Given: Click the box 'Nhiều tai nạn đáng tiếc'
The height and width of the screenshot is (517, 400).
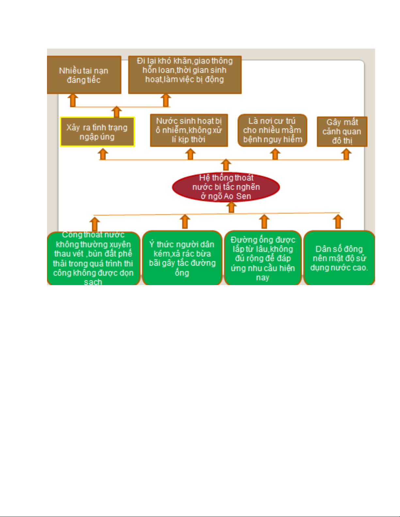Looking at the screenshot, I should pos(84,75).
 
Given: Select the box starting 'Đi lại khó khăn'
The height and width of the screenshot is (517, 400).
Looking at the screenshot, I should pos(184,75).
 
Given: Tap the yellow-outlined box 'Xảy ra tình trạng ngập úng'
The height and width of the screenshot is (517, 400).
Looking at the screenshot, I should pos(97,132).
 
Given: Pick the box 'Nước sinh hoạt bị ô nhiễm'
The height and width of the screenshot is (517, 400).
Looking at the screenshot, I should pos(189,130).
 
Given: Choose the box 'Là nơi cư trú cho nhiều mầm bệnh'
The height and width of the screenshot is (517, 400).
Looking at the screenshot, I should pos(272,130).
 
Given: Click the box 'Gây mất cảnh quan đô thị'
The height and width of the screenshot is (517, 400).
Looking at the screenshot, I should pos(342,131).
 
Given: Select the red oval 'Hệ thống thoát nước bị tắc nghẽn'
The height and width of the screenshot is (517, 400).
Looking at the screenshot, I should pos(226,187).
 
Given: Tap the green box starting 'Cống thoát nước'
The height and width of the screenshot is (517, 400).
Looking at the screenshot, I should pos(93,258).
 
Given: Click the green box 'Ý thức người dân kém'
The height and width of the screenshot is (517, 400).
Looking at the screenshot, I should pos(182,258).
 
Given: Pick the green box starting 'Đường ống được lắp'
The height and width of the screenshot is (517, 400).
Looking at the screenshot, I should pos(263,258).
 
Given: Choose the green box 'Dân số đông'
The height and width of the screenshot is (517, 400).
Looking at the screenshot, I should pos(339,258).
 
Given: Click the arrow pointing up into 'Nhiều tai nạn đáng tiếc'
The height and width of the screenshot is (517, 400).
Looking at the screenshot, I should pos(73,100).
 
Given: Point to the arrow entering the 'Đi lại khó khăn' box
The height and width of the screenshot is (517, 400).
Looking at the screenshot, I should pos(166,100).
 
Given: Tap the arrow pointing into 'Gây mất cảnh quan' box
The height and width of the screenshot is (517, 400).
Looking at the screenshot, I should pos(346,154).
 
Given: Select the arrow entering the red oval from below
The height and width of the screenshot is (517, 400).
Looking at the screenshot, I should pos(231,207).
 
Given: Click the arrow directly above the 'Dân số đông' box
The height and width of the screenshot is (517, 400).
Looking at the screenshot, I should pos(338,221).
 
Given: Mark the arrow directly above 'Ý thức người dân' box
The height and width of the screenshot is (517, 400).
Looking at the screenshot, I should pos(185,221).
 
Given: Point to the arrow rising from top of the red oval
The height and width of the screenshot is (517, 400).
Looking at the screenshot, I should pos(226,165).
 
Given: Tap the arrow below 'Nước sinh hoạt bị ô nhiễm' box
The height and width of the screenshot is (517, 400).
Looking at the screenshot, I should pos(190,154).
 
